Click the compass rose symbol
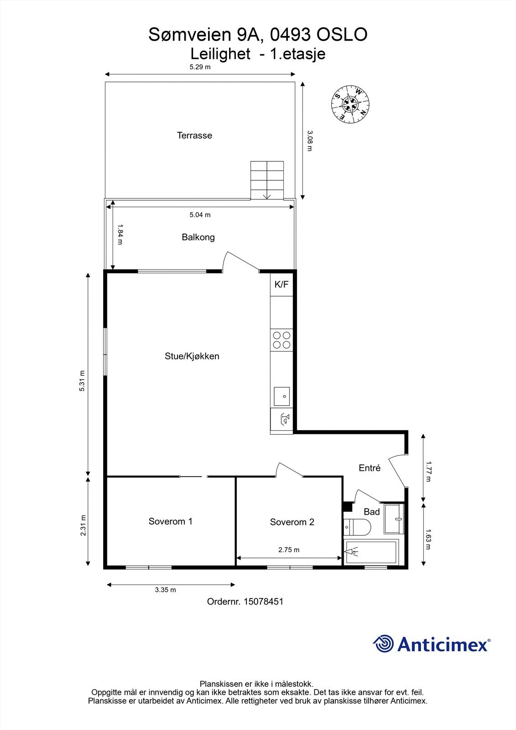pyautogui.click(x=350, y=104)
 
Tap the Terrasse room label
pyautogui.click(x=194, y=136)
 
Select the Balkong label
pyautogui.click(x=198, y=237)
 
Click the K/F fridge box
pyautogui.click(x=281, y=285)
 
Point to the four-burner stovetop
pyautogui.click(x=281, y=340)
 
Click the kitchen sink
pyautogui.click(x=281, y=396)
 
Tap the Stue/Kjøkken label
pyautogui.click(x=192, y=356)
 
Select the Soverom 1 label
pyautogui.click(x=170, y=521)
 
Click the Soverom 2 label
pyautogui.click(x=292, y=522)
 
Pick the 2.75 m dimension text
pyautogui.click(x=289, y=550)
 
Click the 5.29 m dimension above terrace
pyautogui.click(x=200, y=67)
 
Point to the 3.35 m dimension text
pyautogui.click(x=165, y=590)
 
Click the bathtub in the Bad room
pyautogui.click(x=371, y=552)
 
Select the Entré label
pyautogui.click(x=369, y=468)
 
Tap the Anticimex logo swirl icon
pyautogui.click(x=383, y=644)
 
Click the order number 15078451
pyautogui.click(x=264, y=602)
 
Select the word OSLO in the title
pyautogui.click(x=341, y=35)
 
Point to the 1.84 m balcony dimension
pyautogui.click(x=120, y=234)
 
